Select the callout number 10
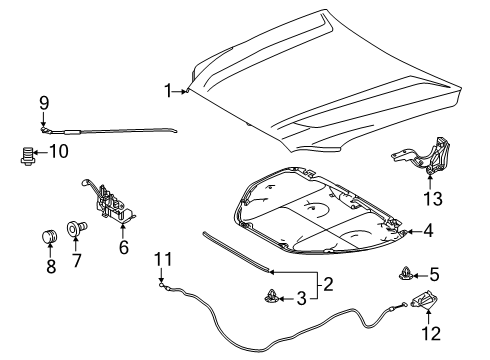[59, 152]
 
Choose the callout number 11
[161, 261]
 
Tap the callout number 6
[124, 246]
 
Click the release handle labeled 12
[425, 301]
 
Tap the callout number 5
[434, 272]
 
